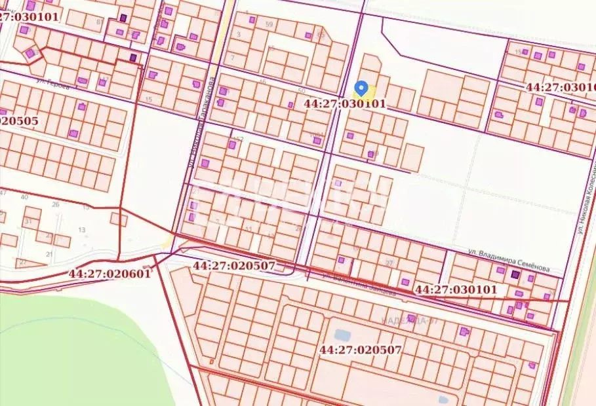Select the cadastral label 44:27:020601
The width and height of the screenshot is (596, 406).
[x=110, y=273]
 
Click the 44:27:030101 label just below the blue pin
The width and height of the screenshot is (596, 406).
[x=346, y=103]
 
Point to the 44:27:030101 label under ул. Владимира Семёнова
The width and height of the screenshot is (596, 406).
[x=456, y=289]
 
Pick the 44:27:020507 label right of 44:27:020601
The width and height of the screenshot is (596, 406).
[x=235, y=266]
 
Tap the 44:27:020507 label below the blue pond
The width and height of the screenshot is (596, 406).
[x=360, y=349]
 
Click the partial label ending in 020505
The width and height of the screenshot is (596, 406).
[x=20, y=120]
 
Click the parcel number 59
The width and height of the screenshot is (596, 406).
[x=269, y=24]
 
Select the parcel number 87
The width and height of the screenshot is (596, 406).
[x=99, y=22]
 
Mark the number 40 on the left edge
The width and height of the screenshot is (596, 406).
[x=25, y=196]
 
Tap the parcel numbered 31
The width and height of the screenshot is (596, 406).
[x=28, y=221]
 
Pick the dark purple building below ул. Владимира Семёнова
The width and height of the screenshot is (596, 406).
[x=515, y=275]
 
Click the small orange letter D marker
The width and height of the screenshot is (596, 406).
[x=211, y=360]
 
